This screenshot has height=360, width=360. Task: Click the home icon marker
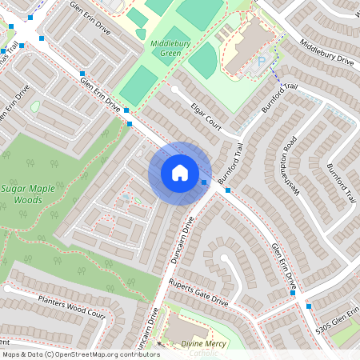179,173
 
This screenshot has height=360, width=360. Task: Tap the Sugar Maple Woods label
27,193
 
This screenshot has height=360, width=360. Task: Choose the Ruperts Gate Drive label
198,294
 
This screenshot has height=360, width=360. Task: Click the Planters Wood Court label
71,307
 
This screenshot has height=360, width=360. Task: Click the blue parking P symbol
261,62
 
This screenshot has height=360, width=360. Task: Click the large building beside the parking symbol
243,50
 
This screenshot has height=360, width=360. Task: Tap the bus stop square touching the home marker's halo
205,182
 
